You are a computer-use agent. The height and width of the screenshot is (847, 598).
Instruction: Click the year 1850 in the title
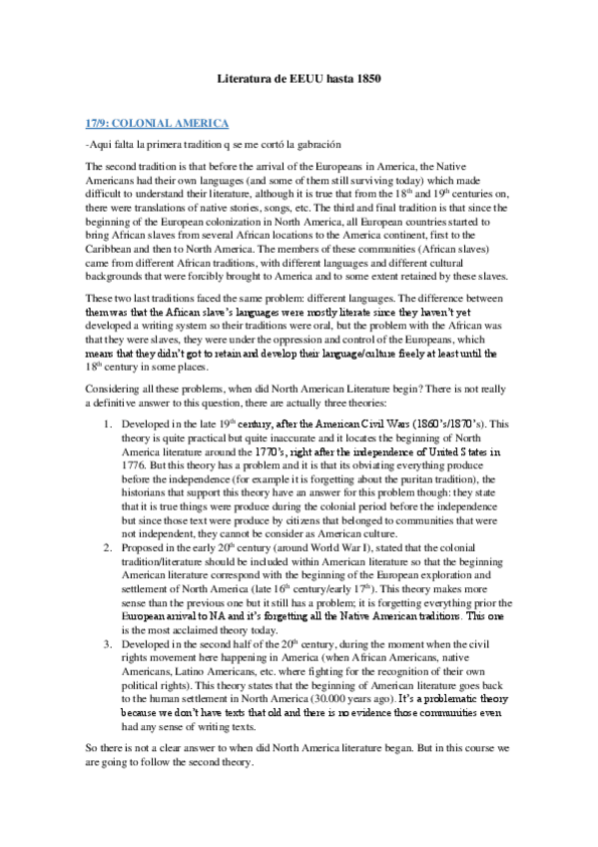366,77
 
